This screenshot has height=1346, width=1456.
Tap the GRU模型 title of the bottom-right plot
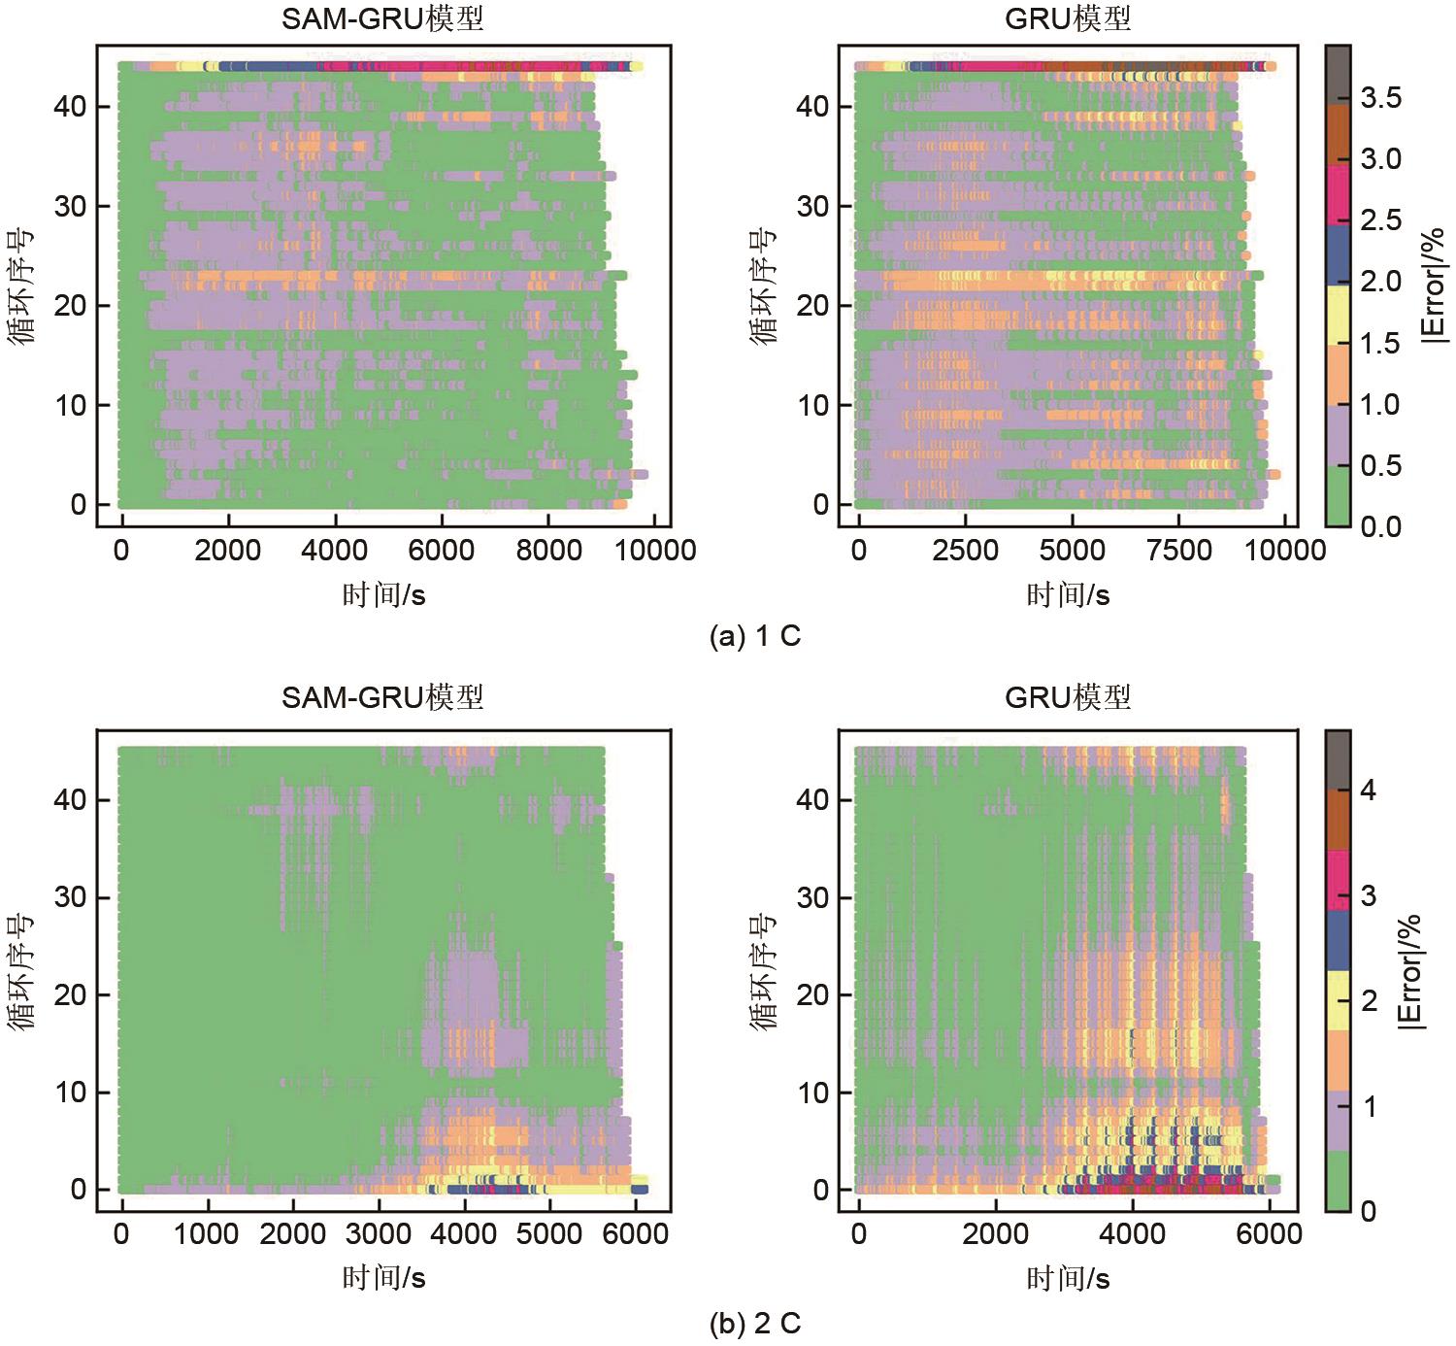point(1068,697)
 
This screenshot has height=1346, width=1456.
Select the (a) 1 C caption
point(755,637)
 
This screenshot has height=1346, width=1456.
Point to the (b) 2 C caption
point(755,1323)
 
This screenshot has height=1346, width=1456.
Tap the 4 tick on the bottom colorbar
point(1369,791)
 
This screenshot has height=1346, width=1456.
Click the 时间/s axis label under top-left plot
point(383,594)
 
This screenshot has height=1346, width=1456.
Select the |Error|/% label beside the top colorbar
point(1433,285)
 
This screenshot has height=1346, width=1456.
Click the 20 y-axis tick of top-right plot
point(814,306)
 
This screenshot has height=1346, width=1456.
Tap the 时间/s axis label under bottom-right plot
point(1068,1278)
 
